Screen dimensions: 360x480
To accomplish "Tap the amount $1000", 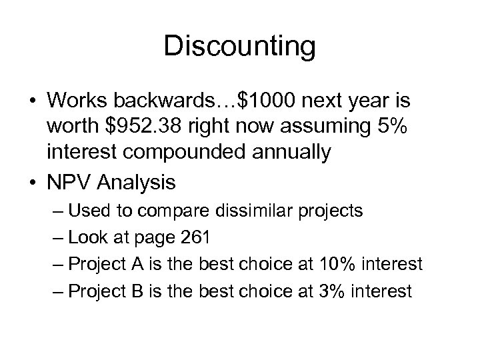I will [268, 101].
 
